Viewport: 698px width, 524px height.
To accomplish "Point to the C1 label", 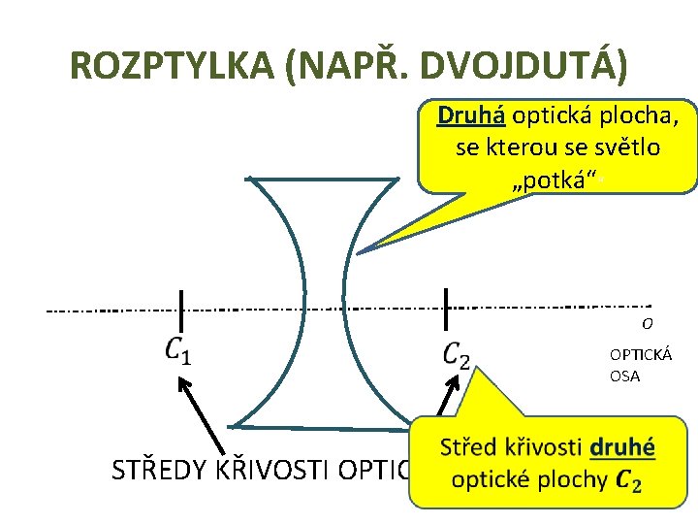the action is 177,350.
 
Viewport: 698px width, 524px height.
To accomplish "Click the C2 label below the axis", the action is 456,355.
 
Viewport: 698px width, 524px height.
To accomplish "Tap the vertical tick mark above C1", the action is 180,309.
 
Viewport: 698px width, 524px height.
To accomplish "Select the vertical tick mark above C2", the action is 445,309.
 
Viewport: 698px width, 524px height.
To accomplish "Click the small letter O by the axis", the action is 645,324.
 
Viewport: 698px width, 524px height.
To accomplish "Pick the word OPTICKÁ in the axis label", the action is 640,355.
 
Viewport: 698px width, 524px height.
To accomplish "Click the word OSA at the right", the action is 624,377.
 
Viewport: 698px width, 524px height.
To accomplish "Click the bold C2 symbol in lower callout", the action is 628,480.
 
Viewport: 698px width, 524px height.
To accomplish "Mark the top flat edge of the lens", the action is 323,178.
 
